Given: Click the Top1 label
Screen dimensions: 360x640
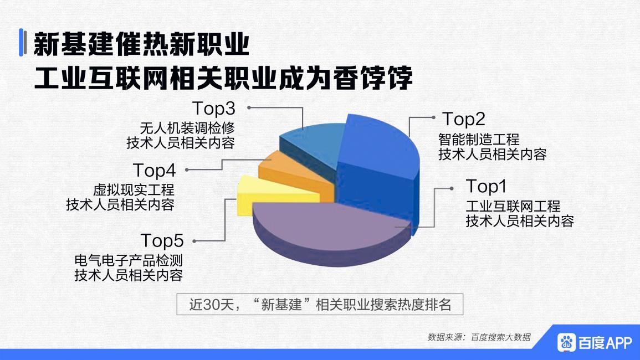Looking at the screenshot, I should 486,186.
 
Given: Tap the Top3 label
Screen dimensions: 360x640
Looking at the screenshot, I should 214,107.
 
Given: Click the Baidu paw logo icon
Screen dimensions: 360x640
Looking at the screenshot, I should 566,342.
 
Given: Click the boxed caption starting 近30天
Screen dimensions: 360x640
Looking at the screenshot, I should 320,304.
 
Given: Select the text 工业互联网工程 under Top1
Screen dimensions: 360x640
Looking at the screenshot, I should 513,207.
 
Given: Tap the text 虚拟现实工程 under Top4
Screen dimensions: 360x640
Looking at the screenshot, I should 134,191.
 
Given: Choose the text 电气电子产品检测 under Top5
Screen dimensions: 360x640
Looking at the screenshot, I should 129,260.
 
